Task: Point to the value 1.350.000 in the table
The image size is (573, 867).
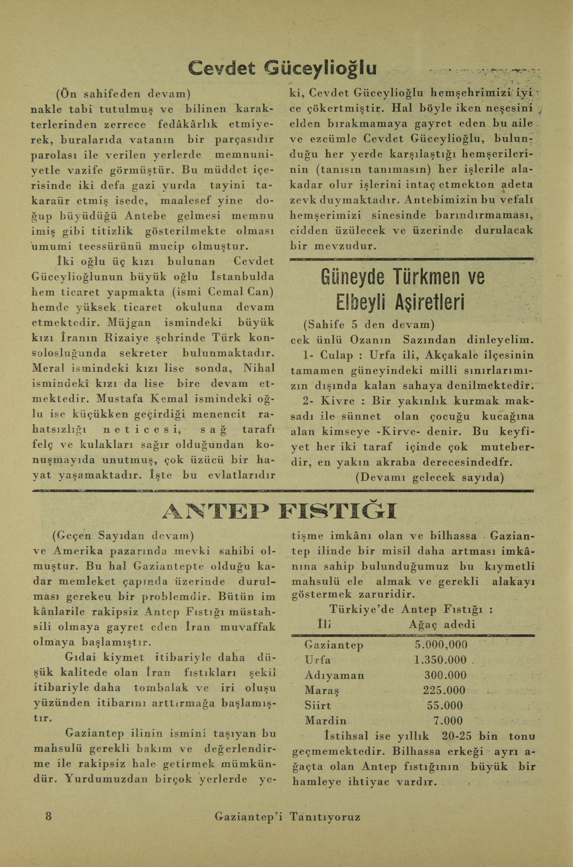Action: (x=440, y=660)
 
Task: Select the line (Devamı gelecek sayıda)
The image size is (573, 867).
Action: (x=429, y=478)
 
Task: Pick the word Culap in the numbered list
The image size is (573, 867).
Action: (x=336, y=355)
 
